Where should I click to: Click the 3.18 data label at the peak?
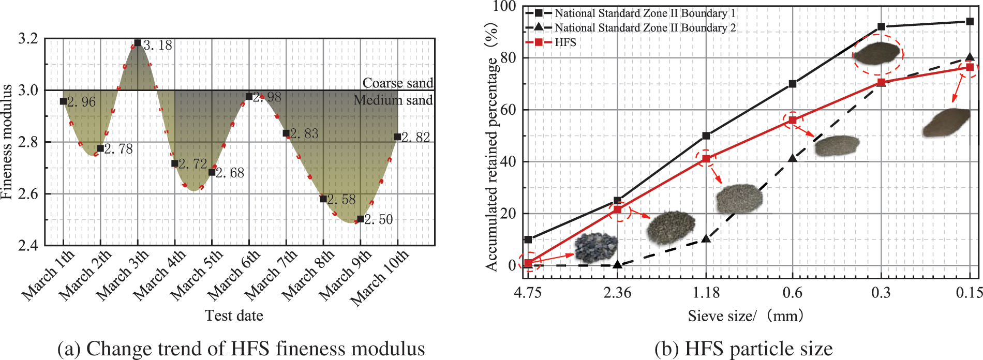click(x=158, y=46)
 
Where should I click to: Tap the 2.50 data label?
click(x=379, y=220)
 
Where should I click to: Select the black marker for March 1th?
click(x=63, y=101)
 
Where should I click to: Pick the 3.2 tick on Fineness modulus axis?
click(x=28, y=39)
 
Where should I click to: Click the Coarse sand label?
click(x=397, y=83)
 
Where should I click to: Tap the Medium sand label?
click(x=393, y=100)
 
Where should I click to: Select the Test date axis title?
click(x=234, y=316)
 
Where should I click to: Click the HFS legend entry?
click(x=565, y=42)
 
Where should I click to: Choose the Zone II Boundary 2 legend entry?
click(x=645, y=28)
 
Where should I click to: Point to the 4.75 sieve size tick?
click(x=527, y=293)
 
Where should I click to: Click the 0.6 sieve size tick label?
click(x=792, y=293)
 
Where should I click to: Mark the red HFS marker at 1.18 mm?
click(x=706, y=159)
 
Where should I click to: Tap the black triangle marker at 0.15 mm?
click(x=970, y=57)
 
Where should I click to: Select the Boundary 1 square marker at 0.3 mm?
click(x=881, y=27)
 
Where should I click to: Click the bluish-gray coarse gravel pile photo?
click(x=596, y=247)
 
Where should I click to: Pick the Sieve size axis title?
click(x=745, y=316)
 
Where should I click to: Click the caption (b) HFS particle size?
click(x=743, y=349)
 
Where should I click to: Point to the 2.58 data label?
click(x=341, y=200)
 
